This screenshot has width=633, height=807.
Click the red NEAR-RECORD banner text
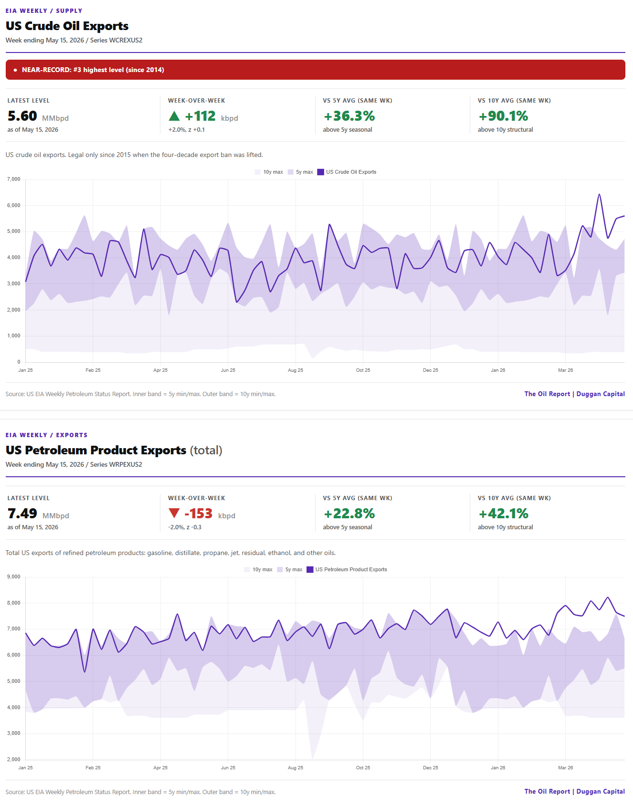click(93, 70)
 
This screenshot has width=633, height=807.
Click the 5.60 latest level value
click(22, 116)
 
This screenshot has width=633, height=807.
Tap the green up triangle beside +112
click(174, 115)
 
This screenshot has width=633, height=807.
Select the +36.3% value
click(349, 116)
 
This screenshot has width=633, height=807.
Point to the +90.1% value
click(503, 116)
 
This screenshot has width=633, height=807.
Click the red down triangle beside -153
click(174, 513)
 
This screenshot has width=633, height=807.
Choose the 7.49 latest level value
click(22, 514)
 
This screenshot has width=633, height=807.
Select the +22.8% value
click(349, 514)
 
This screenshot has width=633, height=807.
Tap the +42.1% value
click(503, 514)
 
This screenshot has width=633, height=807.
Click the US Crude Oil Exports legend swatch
click(321, 172)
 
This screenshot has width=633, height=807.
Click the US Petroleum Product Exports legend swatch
click(310, 569)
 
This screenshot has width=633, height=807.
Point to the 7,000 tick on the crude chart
click(14, 179)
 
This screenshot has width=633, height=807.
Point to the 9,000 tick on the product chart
click(14, 577)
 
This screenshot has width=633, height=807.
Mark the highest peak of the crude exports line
click(599, 194)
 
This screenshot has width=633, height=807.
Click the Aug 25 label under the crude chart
click(295, 370)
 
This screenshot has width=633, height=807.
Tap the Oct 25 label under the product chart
click(363, 768)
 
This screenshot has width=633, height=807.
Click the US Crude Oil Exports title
click(67, 26)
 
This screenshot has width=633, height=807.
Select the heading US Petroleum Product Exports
click(96, 450)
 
